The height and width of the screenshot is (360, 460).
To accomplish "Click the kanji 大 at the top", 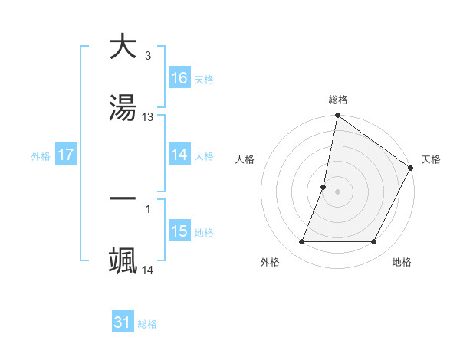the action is pos(123,47).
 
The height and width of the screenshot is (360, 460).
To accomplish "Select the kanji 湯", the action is pos(123,107).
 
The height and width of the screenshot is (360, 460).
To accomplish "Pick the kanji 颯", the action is pos(123,260).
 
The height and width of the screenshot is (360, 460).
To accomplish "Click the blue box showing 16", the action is pos(179,78).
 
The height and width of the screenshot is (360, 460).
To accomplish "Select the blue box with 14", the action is pos(179,155).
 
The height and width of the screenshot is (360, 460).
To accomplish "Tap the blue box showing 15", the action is pos(179,231).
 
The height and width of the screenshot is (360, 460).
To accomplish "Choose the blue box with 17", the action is pos(66,155).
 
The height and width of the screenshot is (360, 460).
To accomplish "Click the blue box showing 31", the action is pos(123,322).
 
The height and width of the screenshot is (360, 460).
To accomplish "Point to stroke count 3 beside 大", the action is pos(147,56).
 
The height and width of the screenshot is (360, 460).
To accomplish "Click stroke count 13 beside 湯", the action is pos(149,117).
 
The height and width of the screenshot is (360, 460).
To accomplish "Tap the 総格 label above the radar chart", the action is pos(338,100).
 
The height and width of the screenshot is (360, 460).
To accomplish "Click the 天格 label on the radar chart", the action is pos(431,159).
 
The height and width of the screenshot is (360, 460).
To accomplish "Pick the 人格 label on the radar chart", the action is pos(245,159).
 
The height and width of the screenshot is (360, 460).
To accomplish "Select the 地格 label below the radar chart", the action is pos(402,262).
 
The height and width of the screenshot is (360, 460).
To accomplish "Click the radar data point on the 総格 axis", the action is pos(337,116).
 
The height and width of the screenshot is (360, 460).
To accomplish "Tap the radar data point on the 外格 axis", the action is pos(301,242).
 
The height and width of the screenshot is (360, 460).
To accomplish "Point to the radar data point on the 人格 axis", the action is pos(324,187).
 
